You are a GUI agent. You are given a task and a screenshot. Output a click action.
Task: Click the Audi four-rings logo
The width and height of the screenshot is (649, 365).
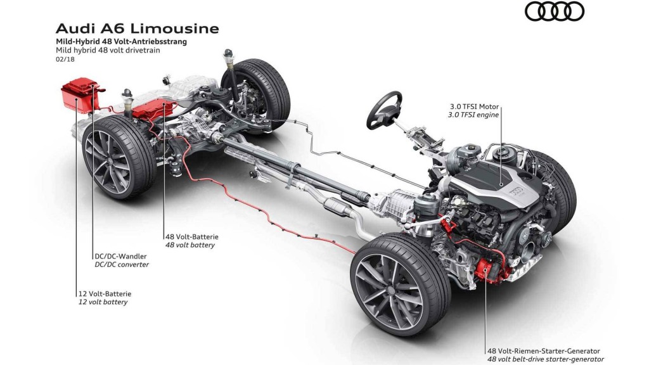pyautogui.click(x=555, y=11)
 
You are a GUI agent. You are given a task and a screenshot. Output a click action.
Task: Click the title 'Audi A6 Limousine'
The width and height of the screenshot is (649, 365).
pyautogui.click(x=138, y=29)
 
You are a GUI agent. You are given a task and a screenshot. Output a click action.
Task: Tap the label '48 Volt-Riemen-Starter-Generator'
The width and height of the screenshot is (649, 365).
pyautogui.click(x=543, y=350)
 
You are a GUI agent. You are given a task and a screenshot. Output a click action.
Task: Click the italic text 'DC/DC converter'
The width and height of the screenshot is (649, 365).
pyautogui.click(x=121, y=264)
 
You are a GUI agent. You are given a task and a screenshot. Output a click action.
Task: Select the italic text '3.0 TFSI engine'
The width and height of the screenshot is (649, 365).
pyautogui.click(x=474, y=115)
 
